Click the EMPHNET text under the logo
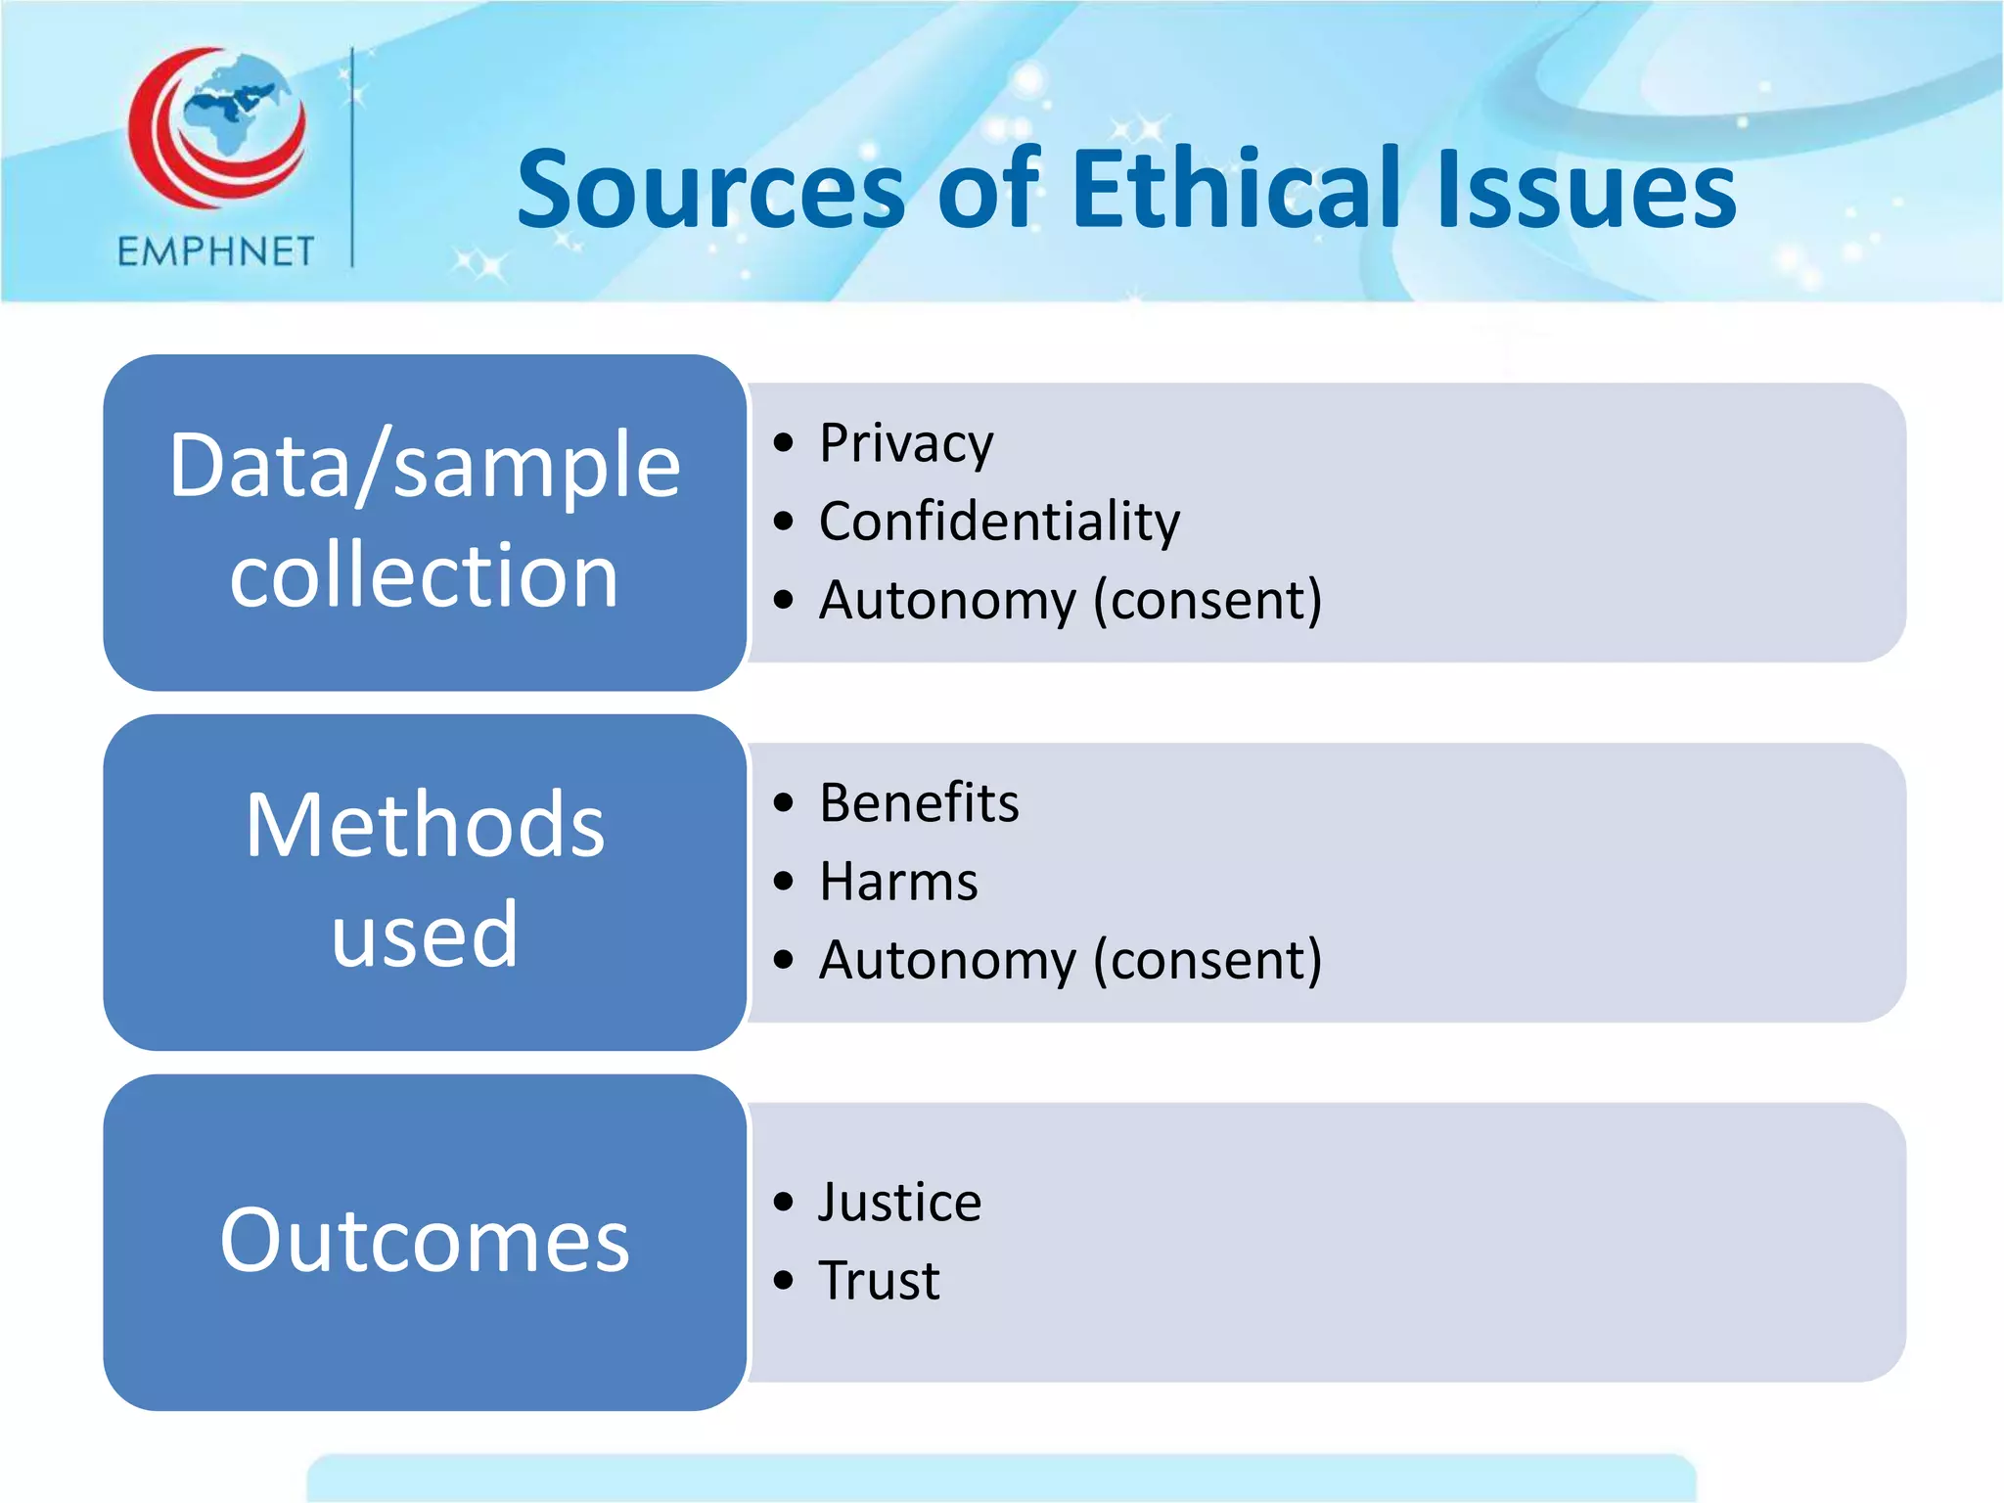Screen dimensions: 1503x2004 215,252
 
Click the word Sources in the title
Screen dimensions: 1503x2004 711,190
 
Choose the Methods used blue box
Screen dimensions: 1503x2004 425,881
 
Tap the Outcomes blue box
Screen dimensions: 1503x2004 425,1241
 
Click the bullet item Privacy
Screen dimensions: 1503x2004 906,443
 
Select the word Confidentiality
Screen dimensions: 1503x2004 999,521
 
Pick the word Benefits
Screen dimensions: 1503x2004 919,803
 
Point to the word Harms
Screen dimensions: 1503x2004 898,882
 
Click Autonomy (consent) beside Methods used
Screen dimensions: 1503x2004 1070,960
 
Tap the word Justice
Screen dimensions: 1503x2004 899,1202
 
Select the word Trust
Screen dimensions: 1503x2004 880,1280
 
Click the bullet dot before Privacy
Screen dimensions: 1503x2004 783,443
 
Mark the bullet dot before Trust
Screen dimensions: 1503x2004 783,1280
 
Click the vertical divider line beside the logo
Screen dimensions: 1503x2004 352,157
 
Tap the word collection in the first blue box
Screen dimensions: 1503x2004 425,575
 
